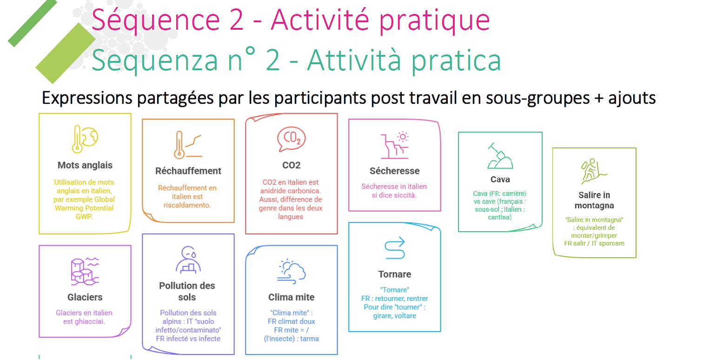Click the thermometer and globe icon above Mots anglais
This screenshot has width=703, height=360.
(x=85, y=139)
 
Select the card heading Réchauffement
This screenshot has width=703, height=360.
(x=188, y=171)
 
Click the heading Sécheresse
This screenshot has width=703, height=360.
(x=394, y=171)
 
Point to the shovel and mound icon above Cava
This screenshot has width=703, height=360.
(x=500, y=156)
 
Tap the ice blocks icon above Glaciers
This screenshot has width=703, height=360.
(x=85, y=271)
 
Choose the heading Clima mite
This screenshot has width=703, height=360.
(x=292, y=297)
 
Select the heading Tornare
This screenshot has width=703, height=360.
(x=395, y=274)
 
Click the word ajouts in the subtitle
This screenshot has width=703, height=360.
(x=632, y=98)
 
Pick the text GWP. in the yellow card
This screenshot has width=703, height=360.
(x=84, y=217)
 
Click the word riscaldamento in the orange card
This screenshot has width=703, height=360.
(x=188, y=205)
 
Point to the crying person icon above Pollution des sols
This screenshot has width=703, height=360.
(x=188, y=260)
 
